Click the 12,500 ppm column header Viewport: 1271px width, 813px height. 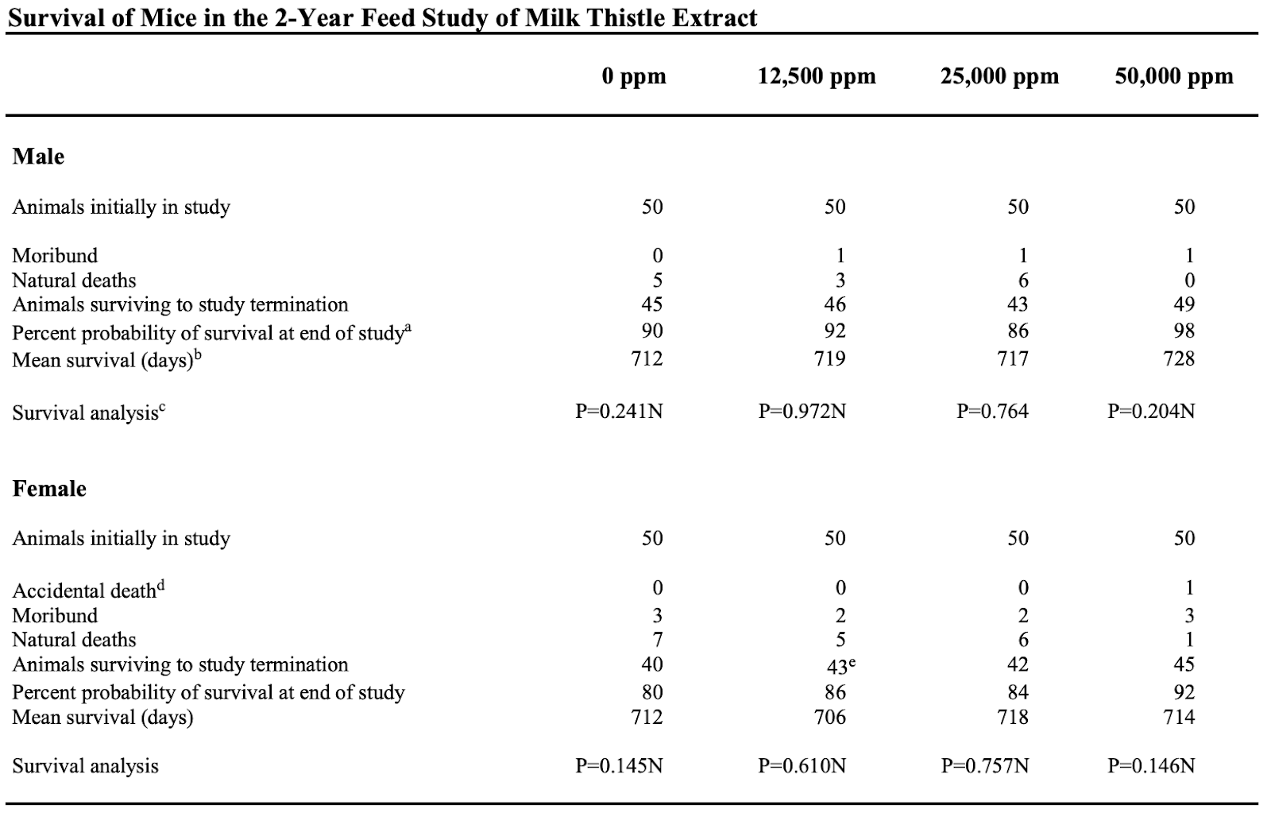tap(817, 76)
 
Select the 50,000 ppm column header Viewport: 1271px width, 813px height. tap(1174, 76)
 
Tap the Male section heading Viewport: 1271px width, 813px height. tap(38, 156)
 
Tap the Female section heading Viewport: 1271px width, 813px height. tap(49, 488)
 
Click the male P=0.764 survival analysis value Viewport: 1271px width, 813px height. tap(992, 411)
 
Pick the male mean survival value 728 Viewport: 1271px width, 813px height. tap(1179, 358)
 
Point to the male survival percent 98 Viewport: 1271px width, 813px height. tap(1184, 331)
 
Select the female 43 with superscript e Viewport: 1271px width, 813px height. tap(841, 665)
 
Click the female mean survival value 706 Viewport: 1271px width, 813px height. tap(829, 717)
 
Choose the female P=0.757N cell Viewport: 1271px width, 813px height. tap(985, 766)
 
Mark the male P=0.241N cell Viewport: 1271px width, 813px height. tap(619, 411)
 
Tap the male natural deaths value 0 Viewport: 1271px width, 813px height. tap(1189, 281)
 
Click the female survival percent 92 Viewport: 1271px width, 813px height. tap(1184, 692)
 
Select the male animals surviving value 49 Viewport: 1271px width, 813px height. tap(1184, 304)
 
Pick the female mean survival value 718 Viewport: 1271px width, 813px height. tap(1013, 717)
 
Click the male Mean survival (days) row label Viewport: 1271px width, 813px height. tap(106, 359)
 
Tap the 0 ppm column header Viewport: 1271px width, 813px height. tap(634, 76)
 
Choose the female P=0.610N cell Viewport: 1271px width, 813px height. tap(802, 766)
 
